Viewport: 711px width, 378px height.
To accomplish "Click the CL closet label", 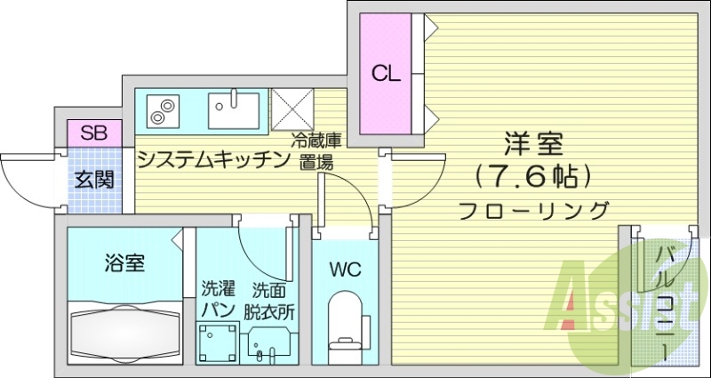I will point(385,74).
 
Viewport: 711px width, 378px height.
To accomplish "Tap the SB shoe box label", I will point(93,133).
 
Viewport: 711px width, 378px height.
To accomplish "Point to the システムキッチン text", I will point(214,160).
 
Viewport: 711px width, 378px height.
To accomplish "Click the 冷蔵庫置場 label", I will point(317,151).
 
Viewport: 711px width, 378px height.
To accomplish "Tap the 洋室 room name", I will point(533,142).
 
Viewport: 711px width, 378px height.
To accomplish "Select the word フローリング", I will point(533,211).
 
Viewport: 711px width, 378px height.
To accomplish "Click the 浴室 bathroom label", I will point(125,262).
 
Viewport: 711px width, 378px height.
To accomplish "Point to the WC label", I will point(345,269).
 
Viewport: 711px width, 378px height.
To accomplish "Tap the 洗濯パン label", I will point(217,300).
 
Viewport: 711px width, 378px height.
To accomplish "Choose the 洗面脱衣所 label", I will point(269,300).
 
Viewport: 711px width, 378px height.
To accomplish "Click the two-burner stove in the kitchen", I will point(161,111).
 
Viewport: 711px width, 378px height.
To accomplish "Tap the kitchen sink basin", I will point(233,110).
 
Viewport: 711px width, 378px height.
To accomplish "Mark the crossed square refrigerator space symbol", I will point(292,110).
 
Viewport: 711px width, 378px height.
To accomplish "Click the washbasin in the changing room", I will point(269,342).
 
